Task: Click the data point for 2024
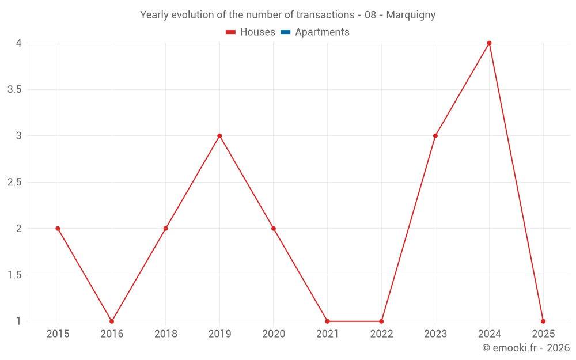(x=489, y=43)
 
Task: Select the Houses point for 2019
(x=219, y=136)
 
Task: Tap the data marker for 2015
(x=58, y=229)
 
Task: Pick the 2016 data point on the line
(x=112, y=321)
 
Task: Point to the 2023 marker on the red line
(x=435, y=136)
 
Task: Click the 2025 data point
(x=543, y=321)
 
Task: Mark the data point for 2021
(x=327, y=321)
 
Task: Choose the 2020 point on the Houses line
(x=274, y=229)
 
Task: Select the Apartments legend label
(x=322, y=32)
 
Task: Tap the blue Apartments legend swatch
(x=285, y=32)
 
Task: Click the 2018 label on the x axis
(x=165, y=334)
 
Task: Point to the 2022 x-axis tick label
(x=381, y=334)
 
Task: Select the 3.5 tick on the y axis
(x=14, y=90)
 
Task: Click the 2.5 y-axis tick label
(x=14, y=183)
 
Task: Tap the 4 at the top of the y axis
(x=19, y=43)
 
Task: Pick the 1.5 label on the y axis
(x=14, y=275)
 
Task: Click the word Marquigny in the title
(x=411, y=15)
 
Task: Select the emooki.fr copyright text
(x=526, y=348)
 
